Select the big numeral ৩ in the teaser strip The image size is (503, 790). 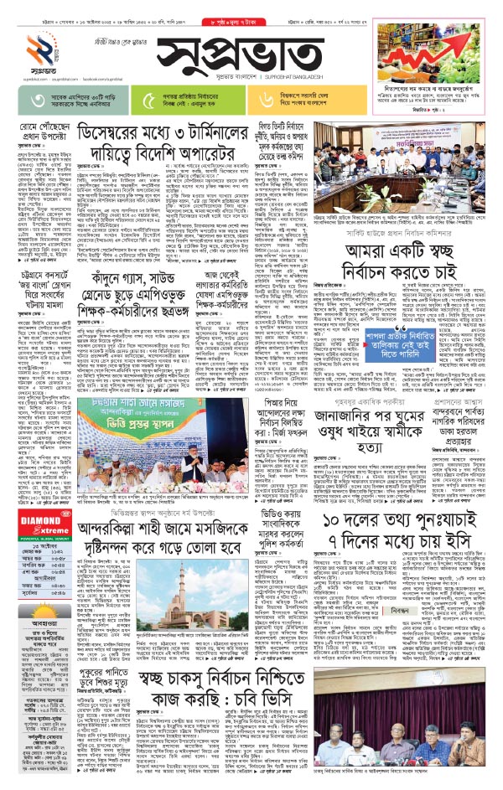pyautogui.click(x=34, y=99)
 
